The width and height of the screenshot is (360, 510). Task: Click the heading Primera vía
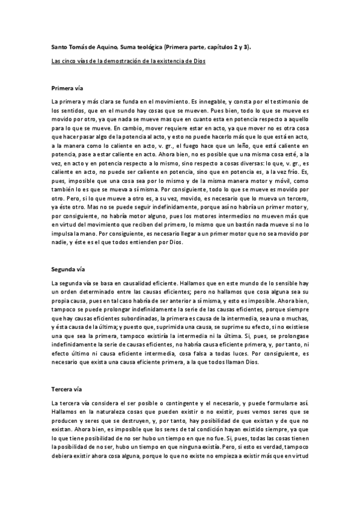(67, 88)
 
